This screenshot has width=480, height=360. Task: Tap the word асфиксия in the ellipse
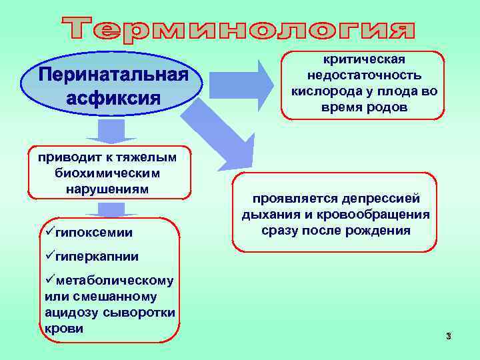(114, 98)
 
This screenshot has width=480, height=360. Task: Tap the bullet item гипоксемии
(93, 232)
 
